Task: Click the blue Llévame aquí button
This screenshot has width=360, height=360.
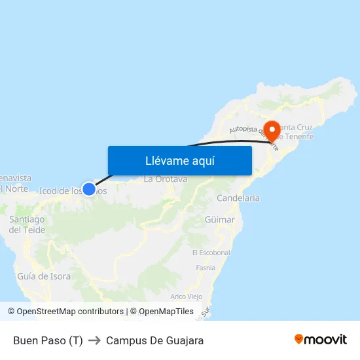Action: pyautogui.click(x=179, y=160)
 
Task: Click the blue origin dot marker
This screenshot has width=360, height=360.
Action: pyautogui.click(x=89, y=189)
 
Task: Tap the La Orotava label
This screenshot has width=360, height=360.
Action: pyautogui.click(x=166, y=179)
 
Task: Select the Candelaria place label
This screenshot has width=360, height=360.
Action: pyautogui.click(x=238, y=198)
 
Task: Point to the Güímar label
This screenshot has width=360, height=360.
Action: pyautogui.click(x=219, y=220)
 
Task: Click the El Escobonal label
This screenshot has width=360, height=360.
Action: pyautogui.click(x=211, y=253)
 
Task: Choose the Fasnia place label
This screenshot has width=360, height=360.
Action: pyautogui.click(x=206, y=268)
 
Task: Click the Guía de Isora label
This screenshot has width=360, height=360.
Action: pyautogui.click(x=44, y=276)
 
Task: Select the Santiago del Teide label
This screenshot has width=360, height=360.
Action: pyautogui.click(x=27, y=225)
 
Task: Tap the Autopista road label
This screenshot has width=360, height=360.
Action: pyautogui.click(x=245, y=131)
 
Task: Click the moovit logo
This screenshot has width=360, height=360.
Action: pyautogui.click(x=321, y=340)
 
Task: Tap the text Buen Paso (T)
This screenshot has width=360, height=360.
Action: pyautogui.click(x=48, y=340)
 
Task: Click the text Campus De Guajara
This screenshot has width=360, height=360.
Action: pyautogui.click(x=154, y=340)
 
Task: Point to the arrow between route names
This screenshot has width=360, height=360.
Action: pyautogui.click(x=94, y=340)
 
